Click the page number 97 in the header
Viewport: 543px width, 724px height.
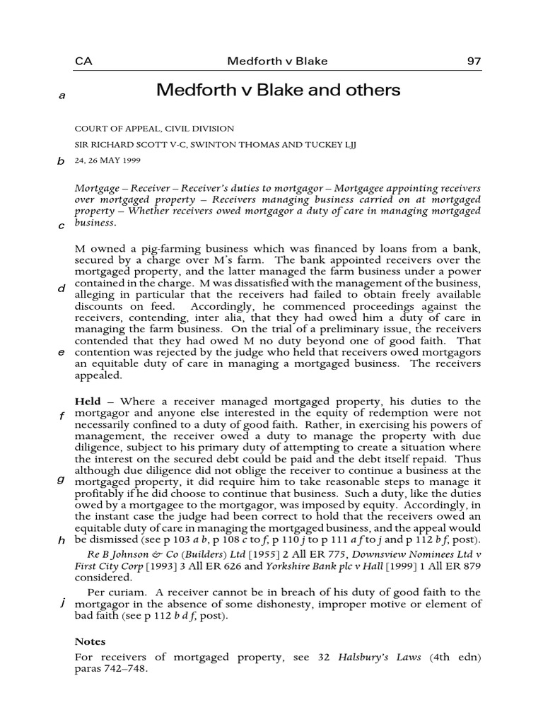pyautogui.click(x=474, y=61)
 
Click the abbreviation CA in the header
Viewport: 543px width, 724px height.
pyautogui.click(x=83, y=61)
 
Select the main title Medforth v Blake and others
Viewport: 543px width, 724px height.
pyautogui.click(x=278, y=90)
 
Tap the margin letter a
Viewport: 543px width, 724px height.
pyautogui.click(x=62, y=96)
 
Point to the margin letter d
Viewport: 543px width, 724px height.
pyautogui.click(x=62, y=288)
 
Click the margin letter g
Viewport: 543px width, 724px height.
pyautogui.click(x=62, y=479)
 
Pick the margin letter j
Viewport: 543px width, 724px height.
pyautogui.click(x=62, y=602)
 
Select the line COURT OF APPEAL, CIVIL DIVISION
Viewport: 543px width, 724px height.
pyautogui.click(x=154, y=129)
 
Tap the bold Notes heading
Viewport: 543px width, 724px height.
pyautogui.click(x=90, y=642)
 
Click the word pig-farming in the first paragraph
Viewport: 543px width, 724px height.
pyautogui.click(x=163, y=249)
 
